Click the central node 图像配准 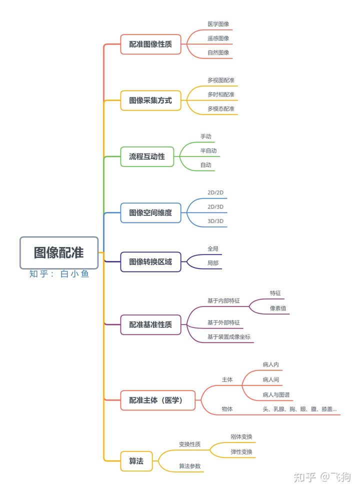pos(59,253)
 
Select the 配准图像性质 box pos(150,44)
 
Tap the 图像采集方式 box pos(150,100)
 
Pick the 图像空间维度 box pos(150,212)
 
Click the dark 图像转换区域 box pos(150,261)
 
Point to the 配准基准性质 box pos(150,324)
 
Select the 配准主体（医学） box pos(157,400)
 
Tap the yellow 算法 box pos(136,461)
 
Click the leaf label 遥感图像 pos(218,38)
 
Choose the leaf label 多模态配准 pos(221,108)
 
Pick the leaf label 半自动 pos(208,150)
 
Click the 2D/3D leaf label pos(215,206)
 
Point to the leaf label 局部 pos(213,262)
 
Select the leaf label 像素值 pos(278,308)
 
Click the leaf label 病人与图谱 pos(276,394)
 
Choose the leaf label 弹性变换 pos(241,451)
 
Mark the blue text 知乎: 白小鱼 pos(59,274)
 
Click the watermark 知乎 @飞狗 pos(322,477)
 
